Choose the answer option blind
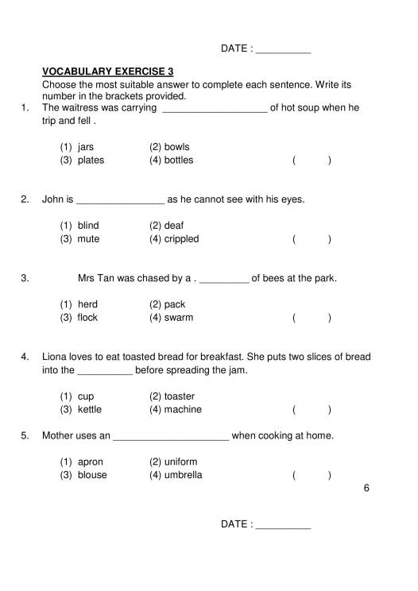[x=88, y=226]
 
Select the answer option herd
[x=87, y=304]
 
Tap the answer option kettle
[x=90, y=409]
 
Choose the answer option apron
[x=91, y=462]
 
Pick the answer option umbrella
[x=183, y=475]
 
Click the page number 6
[x=366, y=489]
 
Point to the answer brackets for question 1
[x=312, y=160]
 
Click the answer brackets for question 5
[x=312, y=476]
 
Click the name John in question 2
[x=52, y=199]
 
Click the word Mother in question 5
[x=58, y=435]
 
